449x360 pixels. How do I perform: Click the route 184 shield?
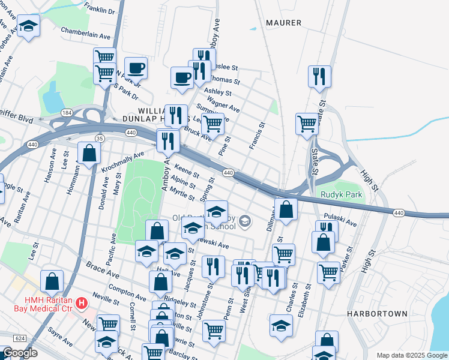click(x=67, y=112)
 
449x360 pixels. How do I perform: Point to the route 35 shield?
click(x=100, y=139)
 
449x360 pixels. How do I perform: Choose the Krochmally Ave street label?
click(x=123, y=160)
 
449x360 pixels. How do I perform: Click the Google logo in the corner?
click(x=19, y=353)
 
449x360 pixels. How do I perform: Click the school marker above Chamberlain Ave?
click(x=29, y=26)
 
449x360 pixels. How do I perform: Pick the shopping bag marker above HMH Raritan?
click(x=52, y=280)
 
